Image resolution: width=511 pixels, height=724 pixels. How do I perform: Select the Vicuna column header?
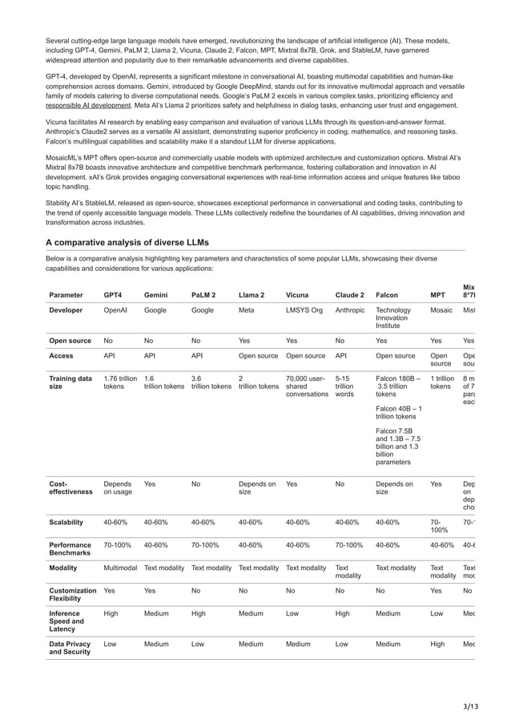tap(300, 294)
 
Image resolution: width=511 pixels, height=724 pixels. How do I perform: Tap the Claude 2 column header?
tap(350, 294)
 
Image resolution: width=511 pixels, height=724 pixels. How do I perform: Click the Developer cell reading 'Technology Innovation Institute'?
tap(393, 319)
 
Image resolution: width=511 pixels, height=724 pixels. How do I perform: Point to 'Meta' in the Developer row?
tap(247, 310)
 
